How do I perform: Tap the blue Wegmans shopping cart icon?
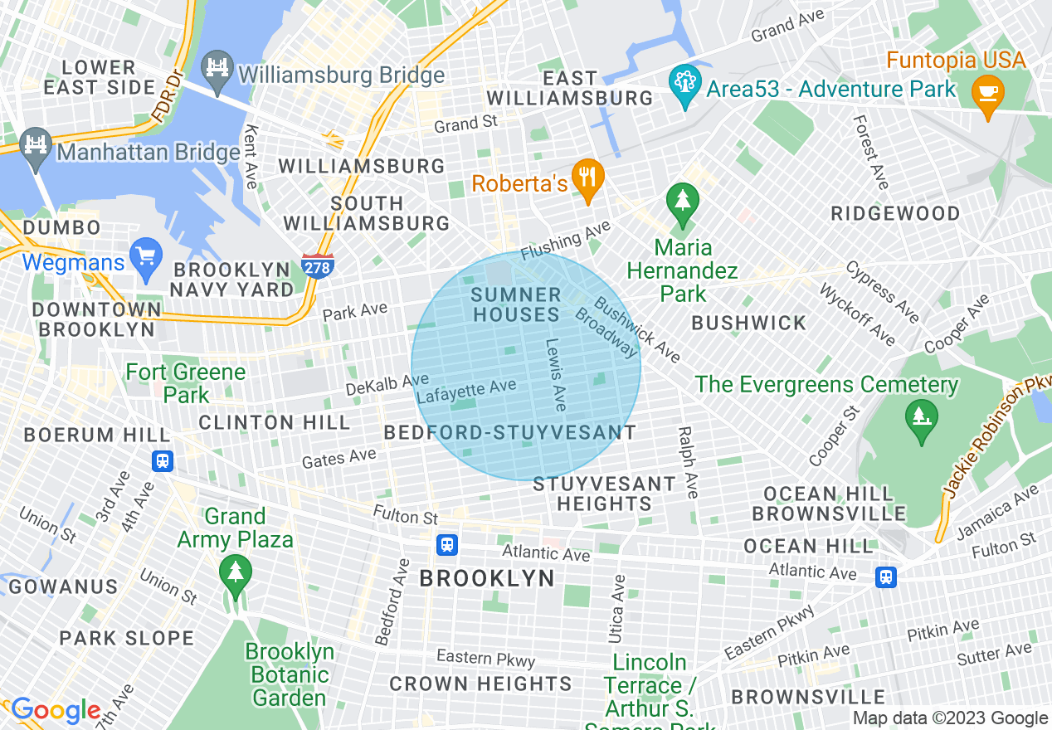point(147,258)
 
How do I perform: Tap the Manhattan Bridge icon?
point(36,146)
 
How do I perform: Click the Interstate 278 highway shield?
point(318,267)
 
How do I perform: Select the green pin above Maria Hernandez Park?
point(682,202)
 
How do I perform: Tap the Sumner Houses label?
point(516,304)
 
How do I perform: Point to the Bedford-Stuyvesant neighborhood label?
point(509,432)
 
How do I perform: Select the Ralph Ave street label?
point(688,462)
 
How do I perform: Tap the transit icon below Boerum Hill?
point(163,460)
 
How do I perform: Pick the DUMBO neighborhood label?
point(61,227)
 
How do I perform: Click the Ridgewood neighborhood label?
point(895,213)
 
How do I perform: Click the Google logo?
point(56,711)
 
